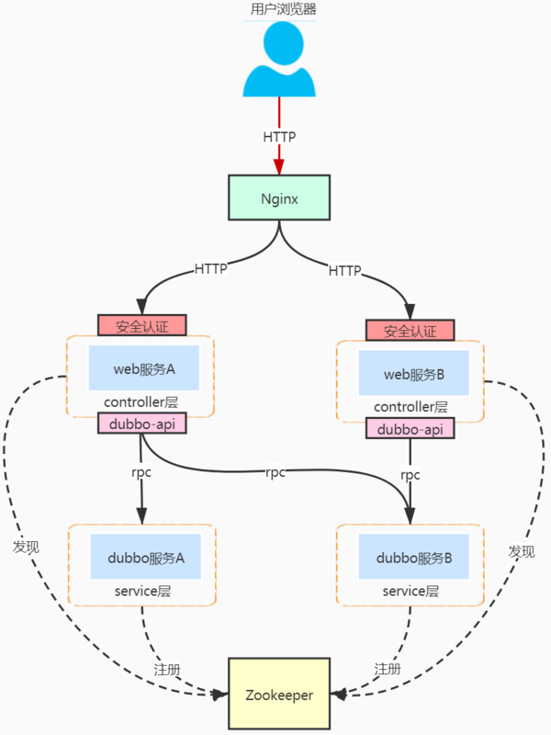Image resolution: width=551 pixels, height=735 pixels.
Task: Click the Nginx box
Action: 279,198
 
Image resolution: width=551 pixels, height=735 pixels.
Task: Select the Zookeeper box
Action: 279,695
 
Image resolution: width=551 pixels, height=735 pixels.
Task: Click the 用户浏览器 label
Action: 279,10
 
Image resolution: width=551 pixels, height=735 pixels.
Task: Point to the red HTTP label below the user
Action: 279,136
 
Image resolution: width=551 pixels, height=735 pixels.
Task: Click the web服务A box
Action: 143,369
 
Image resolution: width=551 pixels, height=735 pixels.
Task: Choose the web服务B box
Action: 413,374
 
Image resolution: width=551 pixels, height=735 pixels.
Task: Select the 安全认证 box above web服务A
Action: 142,325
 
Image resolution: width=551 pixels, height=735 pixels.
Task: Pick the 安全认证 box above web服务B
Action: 410,331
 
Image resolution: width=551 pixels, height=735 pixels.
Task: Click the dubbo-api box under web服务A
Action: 141,424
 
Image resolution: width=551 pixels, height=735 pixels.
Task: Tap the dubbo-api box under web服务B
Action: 410,429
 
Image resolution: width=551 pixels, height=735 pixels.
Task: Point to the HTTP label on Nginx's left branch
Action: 211,269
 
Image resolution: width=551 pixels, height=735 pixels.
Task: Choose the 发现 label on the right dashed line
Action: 522,552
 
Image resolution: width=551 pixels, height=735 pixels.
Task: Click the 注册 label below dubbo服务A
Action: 165,668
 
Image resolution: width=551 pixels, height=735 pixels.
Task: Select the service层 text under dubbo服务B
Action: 410,591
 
